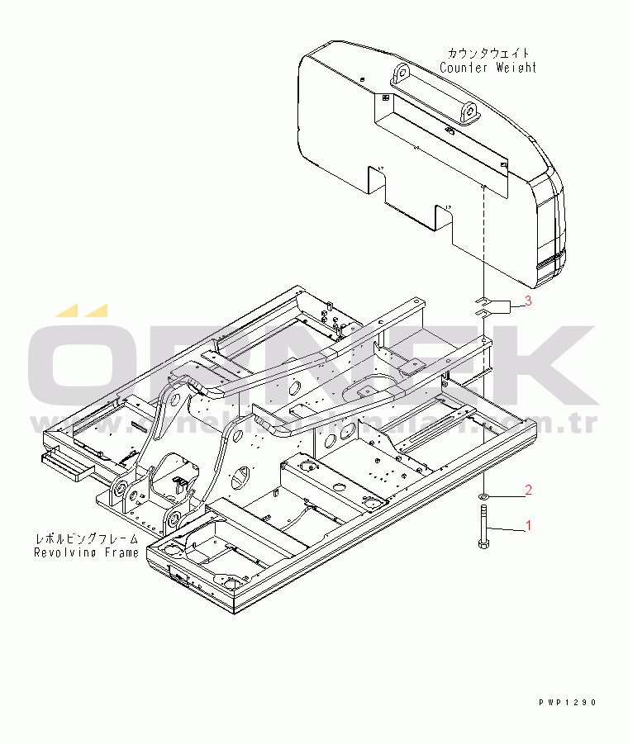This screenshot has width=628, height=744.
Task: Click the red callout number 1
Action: click(528, 524)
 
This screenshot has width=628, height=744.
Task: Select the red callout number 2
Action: click(528, 490)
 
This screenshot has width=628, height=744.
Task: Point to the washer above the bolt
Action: click(483, 496)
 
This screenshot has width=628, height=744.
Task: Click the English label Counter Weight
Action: click(488, 68)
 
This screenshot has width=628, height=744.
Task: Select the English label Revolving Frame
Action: click(86, 552)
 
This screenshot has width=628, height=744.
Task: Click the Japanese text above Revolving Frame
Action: click(86, 538)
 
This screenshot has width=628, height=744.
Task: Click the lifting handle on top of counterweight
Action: click(433, 91)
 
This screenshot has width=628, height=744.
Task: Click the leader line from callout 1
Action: click(506, 529)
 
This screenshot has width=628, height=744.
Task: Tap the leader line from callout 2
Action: click(506, 496)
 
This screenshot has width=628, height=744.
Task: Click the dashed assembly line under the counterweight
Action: click(483, 239)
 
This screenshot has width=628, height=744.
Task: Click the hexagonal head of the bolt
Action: click(483, 543)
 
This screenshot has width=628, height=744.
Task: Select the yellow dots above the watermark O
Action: click(82, 310)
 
